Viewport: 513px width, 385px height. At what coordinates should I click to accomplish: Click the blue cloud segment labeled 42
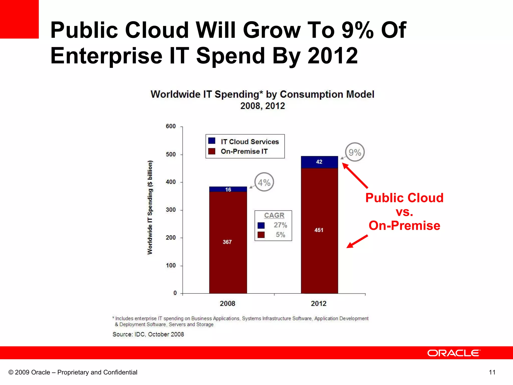point(319,162)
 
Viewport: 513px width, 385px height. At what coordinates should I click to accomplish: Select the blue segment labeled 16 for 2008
point(228,189)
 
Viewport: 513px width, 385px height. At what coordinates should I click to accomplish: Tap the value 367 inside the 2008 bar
point(227,242)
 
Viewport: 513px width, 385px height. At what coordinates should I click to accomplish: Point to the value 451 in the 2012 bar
point(319,230)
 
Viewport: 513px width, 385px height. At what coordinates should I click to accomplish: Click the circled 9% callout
point(355,152)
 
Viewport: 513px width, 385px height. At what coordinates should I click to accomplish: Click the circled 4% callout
point(264,182)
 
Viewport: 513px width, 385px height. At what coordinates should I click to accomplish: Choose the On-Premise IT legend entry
point(244,151)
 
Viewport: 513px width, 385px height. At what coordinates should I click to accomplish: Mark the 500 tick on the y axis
point(171,154)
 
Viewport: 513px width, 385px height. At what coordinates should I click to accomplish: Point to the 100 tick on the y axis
point(171,265)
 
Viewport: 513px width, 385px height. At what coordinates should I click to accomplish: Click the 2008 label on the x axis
point(227,304)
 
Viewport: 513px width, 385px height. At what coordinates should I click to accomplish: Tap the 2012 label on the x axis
point(319,304)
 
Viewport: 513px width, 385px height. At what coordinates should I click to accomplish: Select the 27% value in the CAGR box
point(280,225)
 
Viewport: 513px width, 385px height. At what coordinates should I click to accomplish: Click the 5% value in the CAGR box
point(280,235)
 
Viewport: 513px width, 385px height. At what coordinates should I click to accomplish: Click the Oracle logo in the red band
point(454,353)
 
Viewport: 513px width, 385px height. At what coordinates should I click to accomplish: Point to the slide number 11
point(492,372)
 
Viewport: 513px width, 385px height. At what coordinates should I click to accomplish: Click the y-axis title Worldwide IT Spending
point(150,208)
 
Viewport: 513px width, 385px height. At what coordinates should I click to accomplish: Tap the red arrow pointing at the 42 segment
point(355,175)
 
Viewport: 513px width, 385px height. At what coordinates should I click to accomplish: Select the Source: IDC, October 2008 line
point(148,334)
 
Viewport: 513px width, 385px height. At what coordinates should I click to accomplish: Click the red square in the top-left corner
point(19,19)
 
